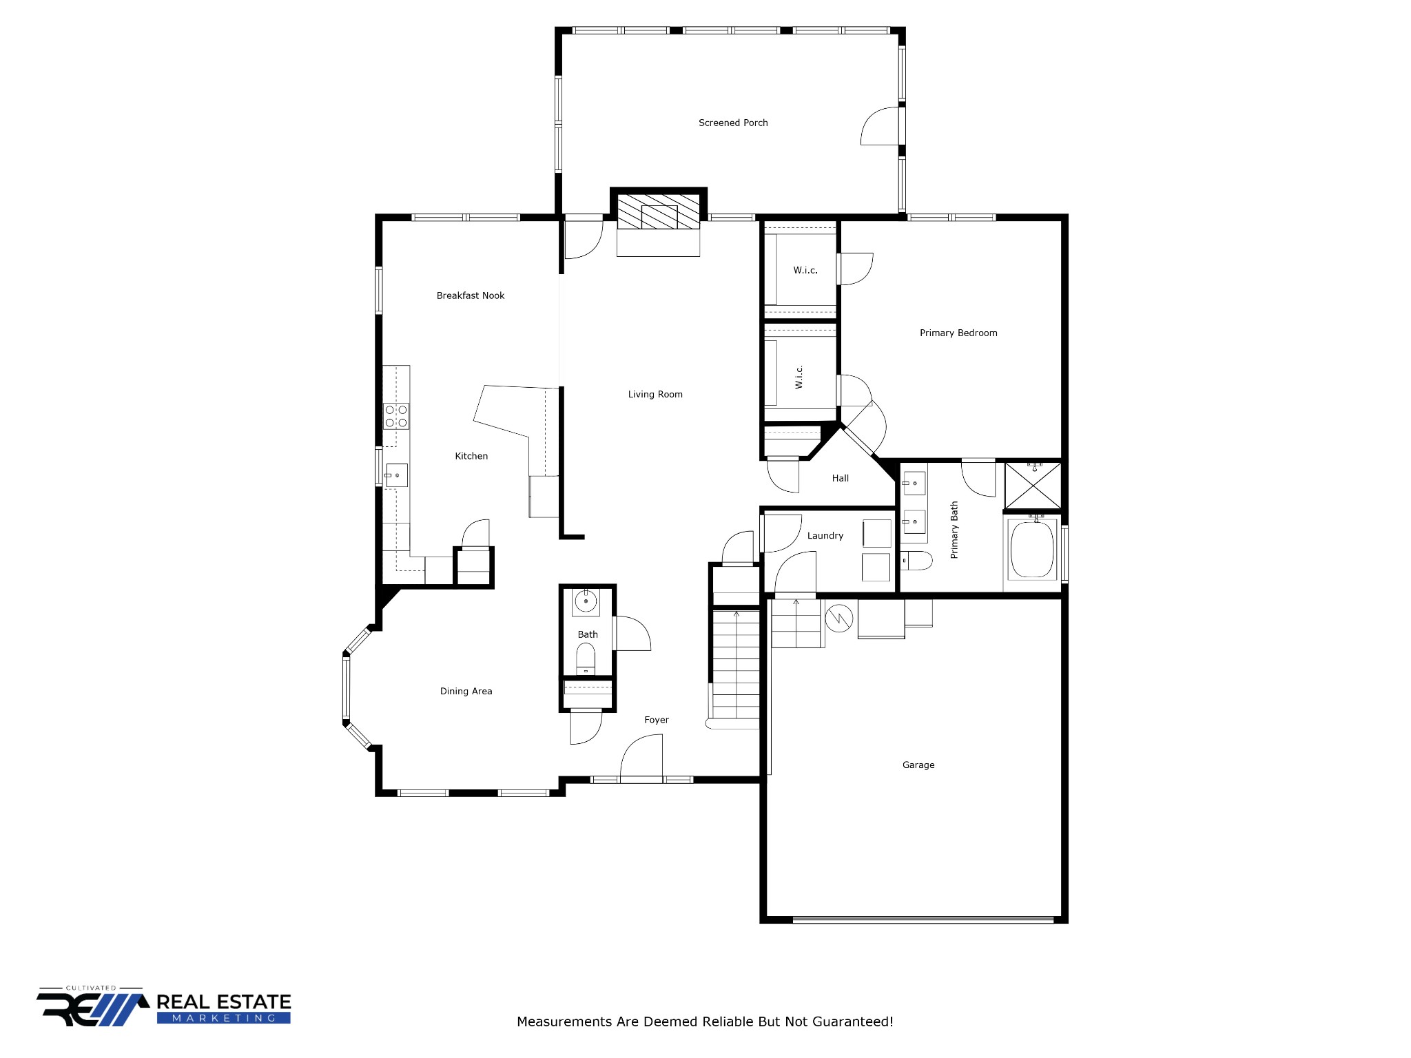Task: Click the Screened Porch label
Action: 733,123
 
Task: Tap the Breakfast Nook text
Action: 471,295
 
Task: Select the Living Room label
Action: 655,395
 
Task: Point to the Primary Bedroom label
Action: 958,333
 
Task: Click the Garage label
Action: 918,765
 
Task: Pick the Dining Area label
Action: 466,692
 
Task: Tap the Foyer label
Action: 657,720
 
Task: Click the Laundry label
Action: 825,536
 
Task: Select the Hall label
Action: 841,478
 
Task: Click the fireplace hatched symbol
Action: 659,211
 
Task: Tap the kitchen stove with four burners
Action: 396,416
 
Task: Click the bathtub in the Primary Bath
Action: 1032,550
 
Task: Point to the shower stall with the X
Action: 1033,486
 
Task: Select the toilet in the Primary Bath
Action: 916,561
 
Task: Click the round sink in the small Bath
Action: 586,601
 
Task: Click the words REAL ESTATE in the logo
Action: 224,1002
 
